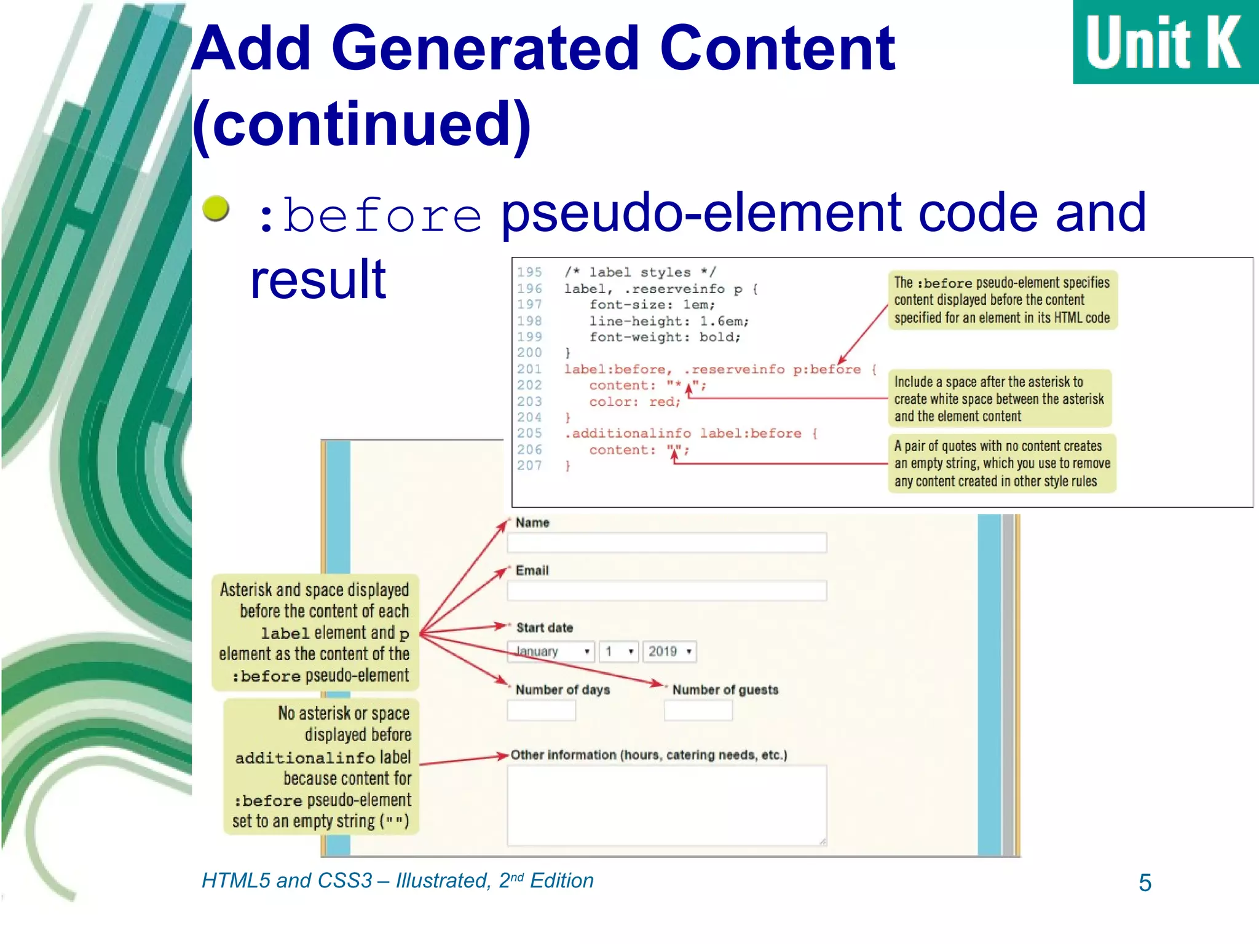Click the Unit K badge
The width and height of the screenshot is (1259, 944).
[1165, 42]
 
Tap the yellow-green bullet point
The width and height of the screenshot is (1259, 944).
[216, 208]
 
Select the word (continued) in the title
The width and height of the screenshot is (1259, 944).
[361, 124]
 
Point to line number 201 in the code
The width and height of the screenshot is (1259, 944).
[529, 369]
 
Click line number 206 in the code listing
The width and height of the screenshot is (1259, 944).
[529, 449]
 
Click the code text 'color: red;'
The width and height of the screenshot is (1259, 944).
[634, 402]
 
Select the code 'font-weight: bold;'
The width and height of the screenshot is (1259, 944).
[665, 337]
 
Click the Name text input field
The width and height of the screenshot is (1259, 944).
[666, 543]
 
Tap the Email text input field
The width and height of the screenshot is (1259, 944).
[666, 591]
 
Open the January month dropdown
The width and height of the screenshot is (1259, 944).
[550, 651]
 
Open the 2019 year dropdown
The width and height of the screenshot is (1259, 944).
[669, 651]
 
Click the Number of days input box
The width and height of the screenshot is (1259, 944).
[541, 710]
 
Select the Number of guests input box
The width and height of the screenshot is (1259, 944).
[698, 710]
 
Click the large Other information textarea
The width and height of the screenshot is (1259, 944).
[666, 805]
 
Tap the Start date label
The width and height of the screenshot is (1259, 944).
[544, 627]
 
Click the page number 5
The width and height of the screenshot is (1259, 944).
[1145, 883]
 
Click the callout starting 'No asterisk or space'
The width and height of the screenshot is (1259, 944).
[321, 766]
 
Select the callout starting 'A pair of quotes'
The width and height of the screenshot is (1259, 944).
[1001, 463]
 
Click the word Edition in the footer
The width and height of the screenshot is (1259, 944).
[561, 881]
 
